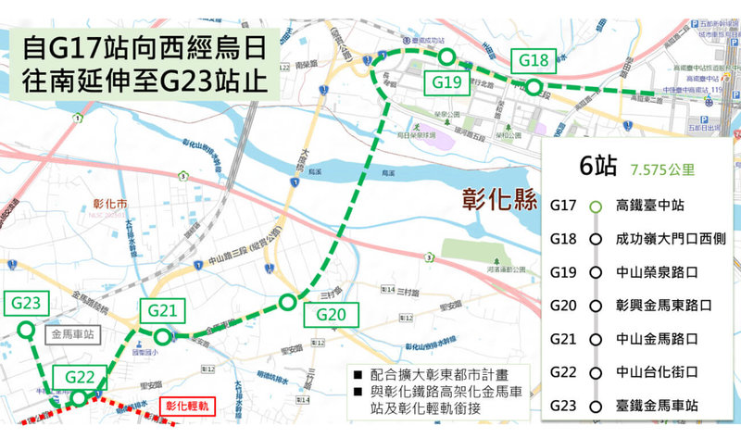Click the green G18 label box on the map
coord(534,61)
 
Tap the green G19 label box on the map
coord(446,82)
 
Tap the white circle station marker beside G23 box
coord(26,329)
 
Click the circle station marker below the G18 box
coord(534,87)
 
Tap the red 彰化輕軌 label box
coord(189,406)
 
